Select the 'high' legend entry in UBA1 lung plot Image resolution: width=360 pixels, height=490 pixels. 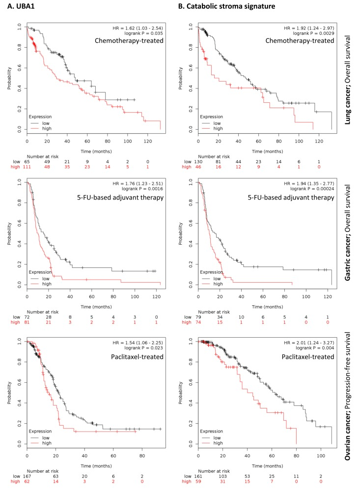pyautogui.click(x=46, y=128)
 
